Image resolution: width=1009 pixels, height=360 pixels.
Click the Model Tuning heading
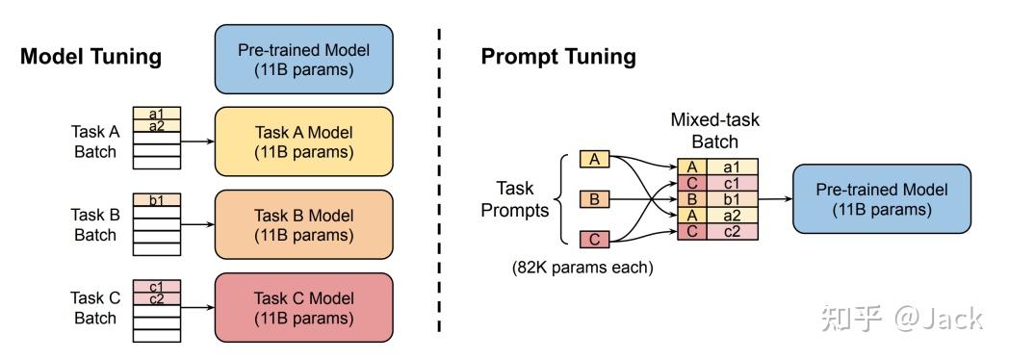pyautogui.click(x=91, y=56)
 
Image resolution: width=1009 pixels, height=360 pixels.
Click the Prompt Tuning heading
pyautogui.click(x=558, y=56)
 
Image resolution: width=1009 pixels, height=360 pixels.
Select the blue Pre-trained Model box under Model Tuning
pyautogui.click(x=303, y=59)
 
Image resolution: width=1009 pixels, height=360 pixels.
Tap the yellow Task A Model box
pyautogui.click(x=303, y=141)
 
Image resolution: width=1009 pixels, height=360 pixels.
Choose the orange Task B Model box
pyautogui.click(x=303, y=224)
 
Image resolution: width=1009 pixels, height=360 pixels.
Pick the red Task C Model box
pyautogui.click(x=303, y=307)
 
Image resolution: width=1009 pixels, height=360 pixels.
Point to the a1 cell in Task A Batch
pyautogui.click(x=156, y=114)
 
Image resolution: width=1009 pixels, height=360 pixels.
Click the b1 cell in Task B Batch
pyautogui.click(x=156, y=200)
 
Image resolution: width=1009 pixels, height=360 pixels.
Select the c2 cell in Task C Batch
pyautogui.click(x=156, y=298)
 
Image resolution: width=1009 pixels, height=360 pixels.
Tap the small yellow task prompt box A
pyautogui.click(x=594, y=160)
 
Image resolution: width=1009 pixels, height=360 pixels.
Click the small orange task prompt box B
pyautogui.click(x=594, y=199)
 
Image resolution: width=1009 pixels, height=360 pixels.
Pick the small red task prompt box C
pyautogui.click(x=594, y=239)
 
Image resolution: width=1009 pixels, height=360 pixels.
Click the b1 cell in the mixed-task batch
pyautogui.click(x=732, y=199)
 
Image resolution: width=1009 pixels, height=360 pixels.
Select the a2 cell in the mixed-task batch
pyautogui.click(x=732, y=216)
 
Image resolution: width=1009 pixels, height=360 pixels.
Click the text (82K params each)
pyautogui.click(x=582, y=268)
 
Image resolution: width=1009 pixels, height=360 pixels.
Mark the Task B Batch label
pyautogui.click(x=93, y=225)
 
